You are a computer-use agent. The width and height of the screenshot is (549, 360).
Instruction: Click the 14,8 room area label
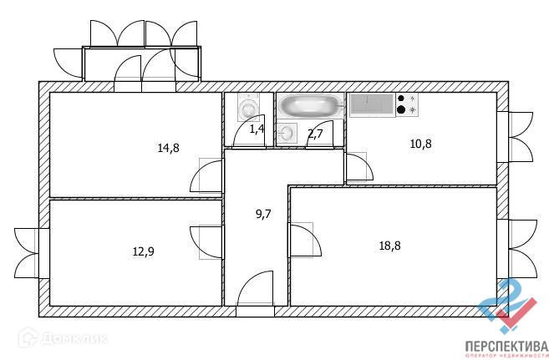click(168, 149)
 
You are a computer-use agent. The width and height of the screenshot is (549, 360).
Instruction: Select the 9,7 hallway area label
click(262, 214)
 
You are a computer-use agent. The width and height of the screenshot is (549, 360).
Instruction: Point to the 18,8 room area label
click(390, 246)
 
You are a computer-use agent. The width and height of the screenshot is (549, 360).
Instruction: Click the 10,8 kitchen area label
click(420, 143)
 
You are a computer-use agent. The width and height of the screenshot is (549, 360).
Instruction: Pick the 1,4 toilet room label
click(257, 129)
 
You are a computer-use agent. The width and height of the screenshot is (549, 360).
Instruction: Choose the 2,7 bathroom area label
click(315, 133)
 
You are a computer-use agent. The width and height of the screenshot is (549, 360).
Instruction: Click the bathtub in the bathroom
click(311, 105)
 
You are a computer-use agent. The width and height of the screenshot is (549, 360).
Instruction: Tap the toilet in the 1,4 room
click(249, 108)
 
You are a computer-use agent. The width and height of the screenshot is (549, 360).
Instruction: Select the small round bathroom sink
click(287, 132)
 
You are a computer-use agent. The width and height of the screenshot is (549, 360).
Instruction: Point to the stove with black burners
click(407, 104)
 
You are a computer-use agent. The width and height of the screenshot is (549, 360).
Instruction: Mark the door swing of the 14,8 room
click(208, 175)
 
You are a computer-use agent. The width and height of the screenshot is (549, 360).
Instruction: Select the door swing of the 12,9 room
click(206, 241)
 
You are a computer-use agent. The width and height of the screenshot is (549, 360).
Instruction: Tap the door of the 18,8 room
click(304, 242)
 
